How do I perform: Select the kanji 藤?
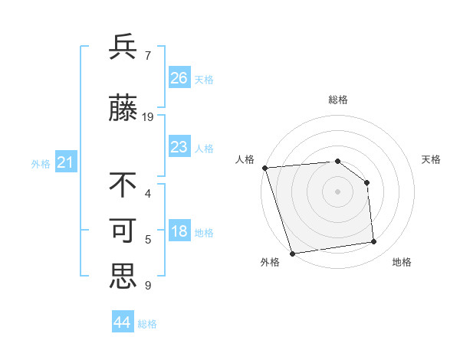pos(123,110)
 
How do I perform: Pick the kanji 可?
pos(123,231)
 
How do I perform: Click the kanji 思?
pos(123,277)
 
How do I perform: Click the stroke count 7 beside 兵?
pos(147,55)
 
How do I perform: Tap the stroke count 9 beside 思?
pos(147,286)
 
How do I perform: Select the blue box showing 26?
pos(179,77)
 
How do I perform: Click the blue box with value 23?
pos(179,146)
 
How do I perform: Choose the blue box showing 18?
pos(179,232)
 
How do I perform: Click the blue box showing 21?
pos(66,162)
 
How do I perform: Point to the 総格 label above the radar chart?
pos(337,100)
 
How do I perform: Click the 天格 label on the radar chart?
pos(431,159)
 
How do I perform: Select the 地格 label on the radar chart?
pos(402,262)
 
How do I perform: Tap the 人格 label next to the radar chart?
pos(245,159)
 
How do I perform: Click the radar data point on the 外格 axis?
pos(292,253)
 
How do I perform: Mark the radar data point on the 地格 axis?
pos(374,242)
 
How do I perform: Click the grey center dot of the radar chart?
pos(337,191)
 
